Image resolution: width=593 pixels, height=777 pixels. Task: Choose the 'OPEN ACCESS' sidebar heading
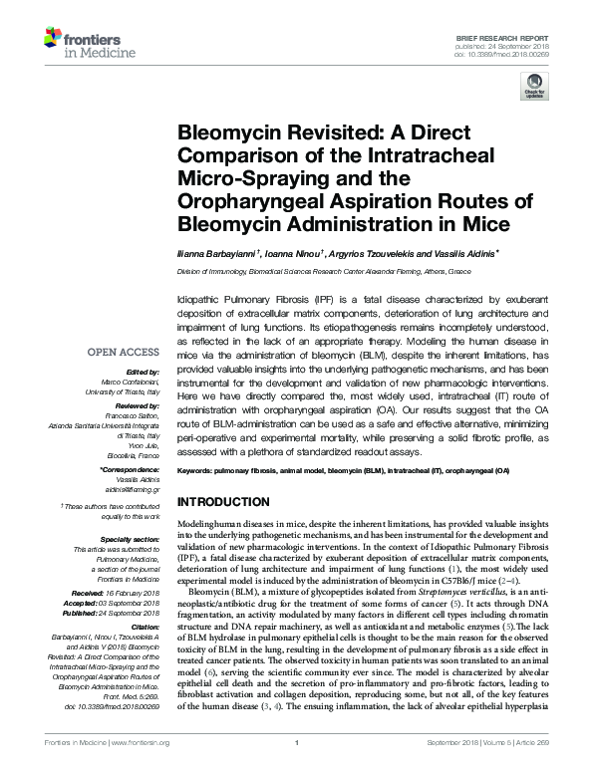point(124,352)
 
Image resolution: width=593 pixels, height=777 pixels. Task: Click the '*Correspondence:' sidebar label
point(129,469)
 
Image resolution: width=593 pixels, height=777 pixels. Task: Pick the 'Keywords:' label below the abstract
point(201,469)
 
